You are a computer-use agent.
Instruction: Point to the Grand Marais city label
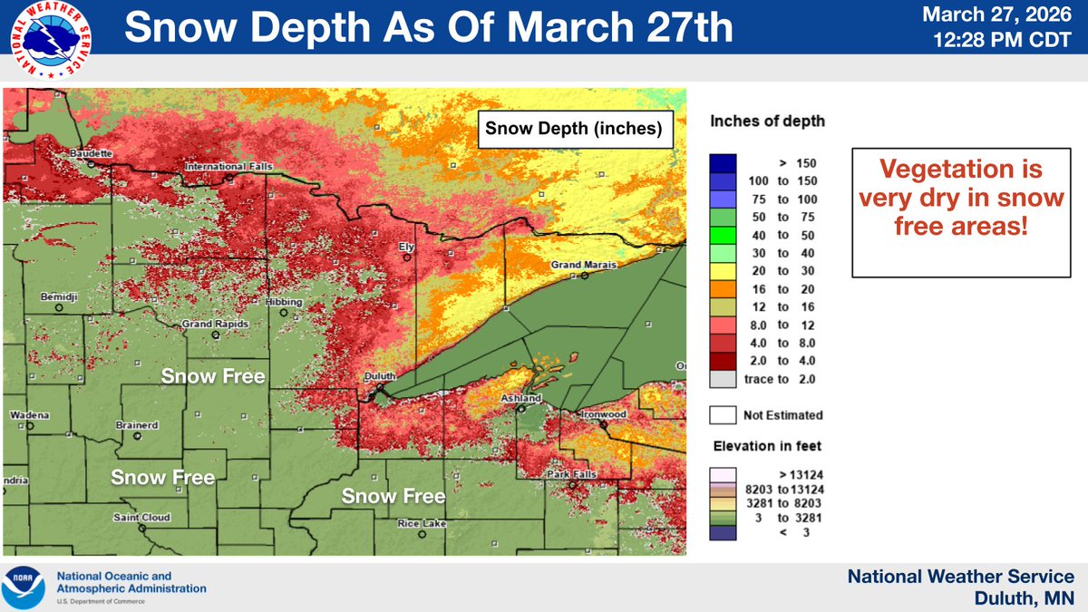click(x=583, y=265)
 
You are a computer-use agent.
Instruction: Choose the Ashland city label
click(x=520, y=398)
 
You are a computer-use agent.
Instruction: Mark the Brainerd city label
click(x=137, y=425)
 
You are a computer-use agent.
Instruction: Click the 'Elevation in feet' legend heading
click(x=766, y=446)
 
